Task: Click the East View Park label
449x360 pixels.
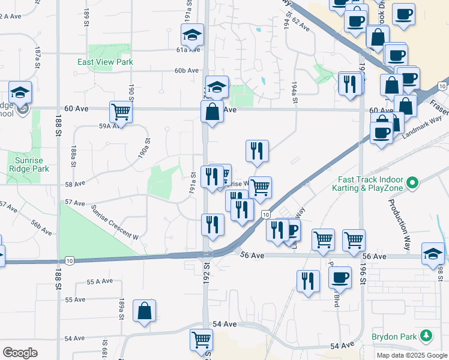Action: (105, 62)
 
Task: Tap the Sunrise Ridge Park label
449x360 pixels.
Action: (29, 165)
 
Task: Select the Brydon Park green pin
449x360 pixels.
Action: (427, 335)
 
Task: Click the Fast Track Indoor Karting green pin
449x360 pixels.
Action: (412, 182)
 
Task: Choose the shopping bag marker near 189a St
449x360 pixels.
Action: (144, 311)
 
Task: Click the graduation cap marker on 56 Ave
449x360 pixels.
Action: (433, 253)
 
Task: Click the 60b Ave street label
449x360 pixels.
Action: (186, 70)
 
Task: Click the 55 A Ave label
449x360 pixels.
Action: (100, 281)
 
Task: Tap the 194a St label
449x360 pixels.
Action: (295, 93)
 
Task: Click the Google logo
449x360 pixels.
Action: (20, 353)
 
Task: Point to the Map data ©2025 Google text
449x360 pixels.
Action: (412, 355)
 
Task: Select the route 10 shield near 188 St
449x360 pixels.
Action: (70, 260)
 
